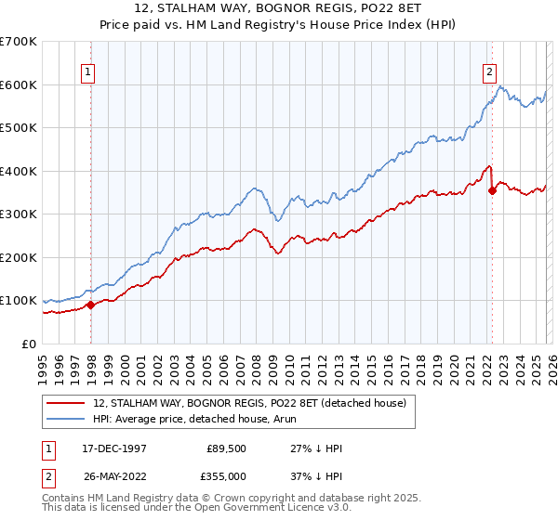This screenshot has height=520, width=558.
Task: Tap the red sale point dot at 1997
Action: click(x=90, y=305)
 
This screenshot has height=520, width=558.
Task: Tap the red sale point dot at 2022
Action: click(x=492, y=190)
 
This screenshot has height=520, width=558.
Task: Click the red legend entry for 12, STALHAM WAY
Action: click(x=249, y=404)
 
